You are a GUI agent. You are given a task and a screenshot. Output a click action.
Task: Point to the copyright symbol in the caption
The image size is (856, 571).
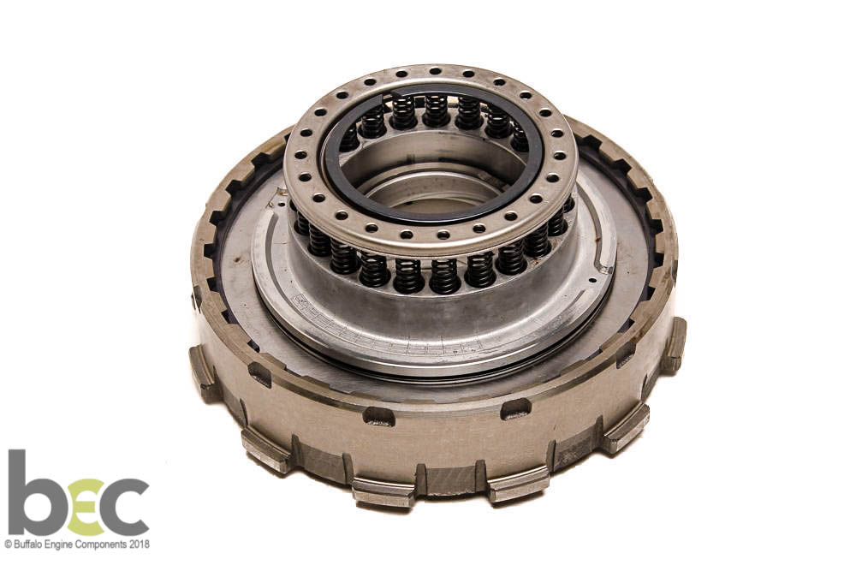[9, 544]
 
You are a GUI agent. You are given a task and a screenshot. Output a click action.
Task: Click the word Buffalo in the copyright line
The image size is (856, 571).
[27, 544]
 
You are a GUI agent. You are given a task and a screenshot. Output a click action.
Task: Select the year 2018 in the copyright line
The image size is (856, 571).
[140, 544]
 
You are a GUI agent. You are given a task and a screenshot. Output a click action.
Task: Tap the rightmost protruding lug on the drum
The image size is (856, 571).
[676, 343]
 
